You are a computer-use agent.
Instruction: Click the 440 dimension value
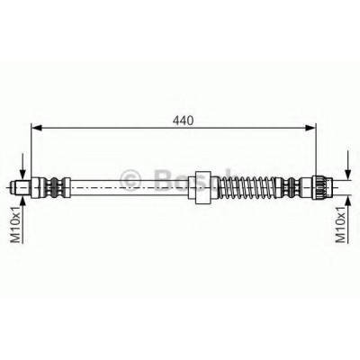tap(183, 121)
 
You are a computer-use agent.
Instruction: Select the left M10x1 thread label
tap(15, 224)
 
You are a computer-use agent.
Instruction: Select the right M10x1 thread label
tap(340, 224)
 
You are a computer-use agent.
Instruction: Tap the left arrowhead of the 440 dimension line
tap(36, 128)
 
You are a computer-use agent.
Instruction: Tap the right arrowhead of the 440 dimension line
tap(311, 128)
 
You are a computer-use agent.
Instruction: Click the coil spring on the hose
tap(247, 187)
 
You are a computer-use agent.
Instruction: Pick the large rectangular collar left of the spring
tap(203, 187)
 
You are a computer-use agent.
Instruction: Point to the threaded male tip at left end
tap(20, 187)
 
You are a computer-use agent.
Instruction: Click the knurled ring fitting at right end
tap(322, 187)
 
